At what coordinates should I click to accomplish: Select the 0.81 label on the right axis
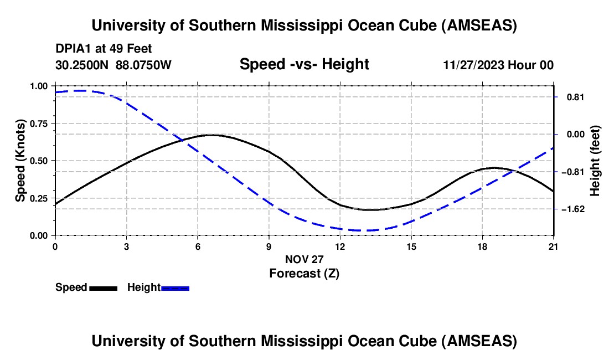pyautogui.click(x=574, y=97)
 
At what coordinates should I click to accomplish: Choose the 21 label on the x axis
pyautogui.click(x=554, y=246)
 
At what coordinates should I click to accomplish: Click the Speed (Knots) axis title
pyautogui.click(x=20, y=161)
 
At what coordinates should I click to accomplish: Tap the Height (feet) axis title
pyautogui.click(x=595, y=161)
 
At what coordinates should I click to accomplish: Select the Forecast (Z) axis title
pyautogui.click(x=304, y=273)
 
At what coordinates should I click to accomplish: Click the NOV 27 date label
pyautogui.click(x=304, y=259)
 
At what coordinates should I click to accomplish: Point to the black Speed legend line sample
pyautogui.click(x=103, y=288)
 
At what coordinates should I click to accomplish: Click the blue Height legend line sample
pyautogui.click(x=175, y=288)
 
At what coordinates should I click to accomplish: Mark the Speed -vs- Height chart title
pyautogui.click(x=304, y=64)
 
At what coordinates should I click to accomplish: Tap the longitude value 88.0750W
pyautogui.click(x=144, y=65)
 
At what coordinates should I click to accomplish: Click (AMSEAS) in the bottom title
pyautogui.click(x=480, y=341)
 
